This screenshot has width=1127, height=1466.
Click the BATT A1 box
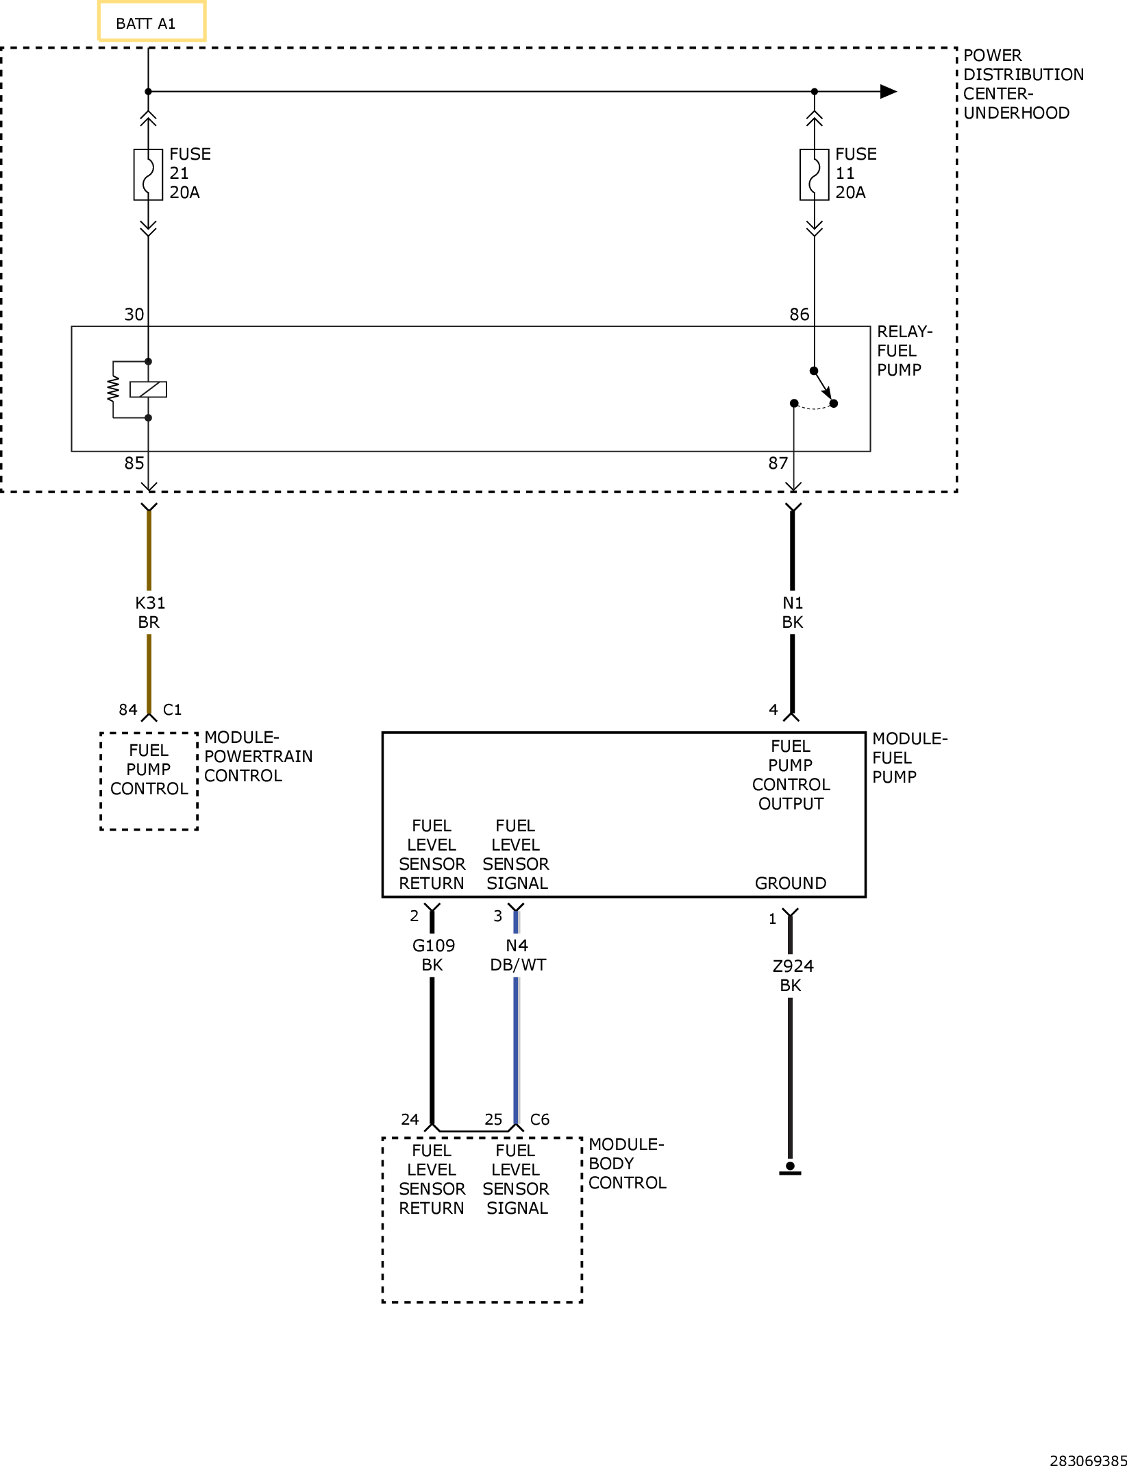tap(151, 22)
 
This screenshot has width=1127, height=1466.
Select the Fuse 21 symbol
tap(148, 175)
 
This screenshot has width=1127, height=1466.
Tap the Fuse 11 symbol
tap(814, 175)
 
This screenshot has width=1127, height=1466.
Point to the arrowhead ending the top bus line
tap(889, 91)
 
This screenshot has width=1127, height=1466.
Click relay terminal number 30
tap(134, 315)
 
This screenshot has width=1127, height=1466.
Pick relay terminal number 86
tap(800, 315)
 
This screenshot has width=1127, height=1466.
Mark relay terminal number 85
tap(134, 463)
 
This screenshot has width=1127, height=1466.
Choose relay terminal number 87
tap(778, 463)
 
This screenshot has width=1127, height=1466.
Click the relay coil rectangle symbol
tap(148, 389)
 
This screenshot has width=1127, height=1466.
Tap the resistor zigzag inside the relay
tap(113, 389)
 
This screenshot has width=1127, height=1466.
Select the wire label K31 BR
tap(149, 613)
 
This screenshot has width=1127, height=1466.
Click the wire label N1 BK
tap(793, 613)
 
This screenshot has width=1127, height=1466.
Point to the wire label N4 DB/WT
tap(518, 955)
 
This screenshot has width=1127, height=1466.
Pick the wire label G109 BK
tap(433, 955)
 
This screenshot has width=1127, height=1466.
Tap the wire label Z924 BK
tap(793, 976)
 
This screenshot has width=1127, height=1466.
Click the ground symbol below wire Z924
tap(790, 1169)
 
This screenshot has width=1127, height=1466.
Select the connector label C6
tap(540, 1119)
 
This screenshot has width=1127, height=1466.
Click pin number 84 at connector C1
tap(128, 709)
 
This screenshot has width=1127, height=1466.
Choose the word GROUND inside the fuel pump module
tap(791, 883)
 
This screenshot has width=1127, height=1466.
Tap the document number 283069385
tap(1089, 1461)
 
